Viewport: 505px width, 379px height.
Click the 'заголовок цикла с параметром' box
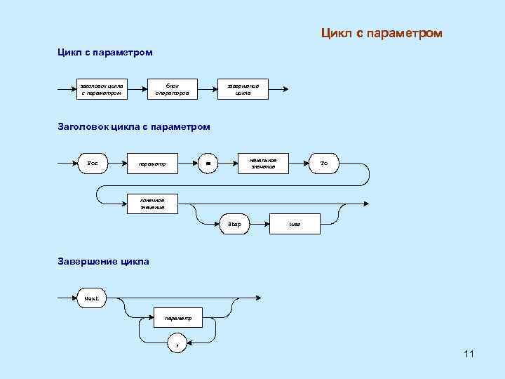point(102,89)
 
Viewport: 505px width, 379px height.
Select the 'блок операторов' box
point(172,89)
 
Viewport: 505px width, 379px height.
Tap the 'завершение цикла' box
point(243,89)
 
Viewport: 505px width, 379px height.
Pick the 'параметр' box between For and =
point(152,164)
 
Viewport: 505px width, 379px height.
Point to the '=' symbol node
point(208,164)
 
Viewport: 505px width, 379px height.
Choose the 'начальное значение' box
point(263,164)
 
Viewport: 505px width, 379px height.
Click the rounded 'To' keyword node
point(323,164)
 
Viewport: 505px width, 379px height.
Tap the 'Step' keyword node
point(234,225)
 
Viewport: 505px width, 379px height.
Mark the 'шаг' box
point(295,225)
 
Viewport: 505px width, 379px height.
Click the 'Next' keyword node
point(92,298)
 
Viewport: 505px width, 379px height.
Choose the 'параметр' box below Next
point(178,318)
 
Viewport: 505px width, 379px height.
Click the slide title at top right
point(382,33)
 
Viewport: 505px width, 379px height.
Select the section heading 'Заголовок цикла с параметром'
point(134,126)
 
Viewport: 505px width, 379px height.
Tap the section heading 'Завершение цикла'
point(103,261)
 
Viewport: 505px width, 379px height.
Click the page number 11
point(469,354)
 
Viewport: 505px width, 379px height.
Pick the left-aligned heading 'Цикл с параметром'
point(105,52)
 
